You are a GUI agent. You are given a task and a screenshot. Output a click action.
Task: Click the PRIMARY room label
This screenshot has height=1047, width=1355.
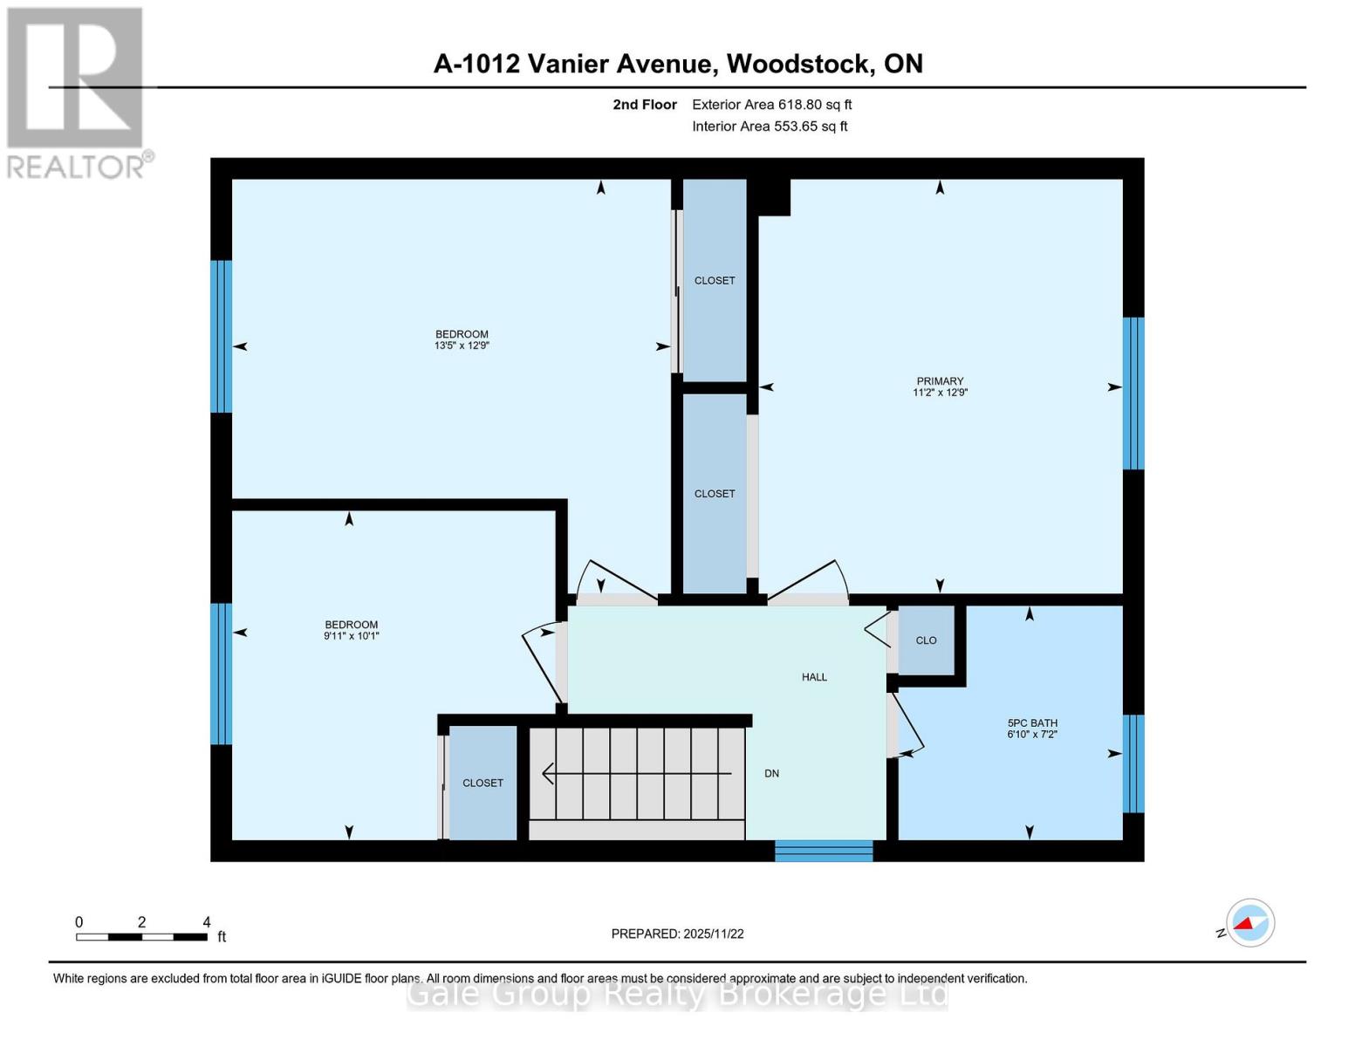coord(940,381)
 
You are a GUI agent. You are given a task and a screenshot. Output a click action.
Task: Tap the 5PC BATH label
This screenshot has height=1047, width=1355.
coord(1032,722)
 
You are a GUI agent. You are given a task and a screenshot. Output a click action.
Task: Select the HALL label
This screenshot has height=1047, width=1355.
coord(814,677)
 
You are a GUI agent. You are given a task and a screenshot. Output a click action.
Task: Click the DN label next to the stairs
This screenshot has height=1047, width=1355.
coord(771,773)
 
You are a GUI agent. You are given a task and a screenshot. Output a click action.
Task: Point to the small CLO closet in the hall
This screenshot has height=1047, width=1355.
coord(926,640)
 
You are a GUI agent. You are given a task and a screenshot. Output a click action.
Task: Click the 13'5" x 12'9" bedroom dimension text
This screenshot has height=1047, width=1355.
coord(462,346)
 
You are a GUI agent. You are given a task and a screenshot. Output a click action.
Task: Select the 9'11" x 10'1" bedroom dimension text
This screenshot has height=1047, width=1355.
coord(351,636)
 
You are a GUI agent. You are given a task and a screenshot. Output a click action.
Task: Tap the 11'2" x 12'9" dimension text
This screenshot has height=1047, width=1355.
coord(940,393)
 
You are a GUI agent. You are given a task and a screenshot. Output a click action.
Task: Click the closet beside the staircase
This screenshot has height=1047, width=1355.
coord(482,783)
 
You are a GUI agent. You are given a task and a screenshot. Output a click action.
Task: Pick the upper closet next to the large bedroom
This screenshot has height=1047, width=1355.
coord(715,280)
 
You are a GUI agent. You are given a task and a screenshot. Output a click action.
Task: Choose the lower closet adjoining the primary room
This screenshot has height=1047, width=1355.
coord(715,494)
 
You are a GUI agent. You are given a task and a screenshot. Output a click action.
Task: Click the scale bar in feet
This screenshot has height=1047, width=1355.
coord(141,937)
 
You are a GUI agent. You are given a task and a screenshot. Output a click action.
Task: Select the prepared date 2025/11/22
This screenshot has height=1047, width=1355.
coord(713,934)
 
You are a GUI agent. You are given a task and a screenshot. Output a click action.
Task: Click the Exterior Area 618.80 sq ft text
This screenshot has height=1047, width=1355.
coord(771,105)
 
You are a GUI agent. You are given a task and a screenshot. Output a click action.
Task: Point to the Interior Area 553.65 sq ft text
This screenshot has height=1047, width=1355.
coord(770,127)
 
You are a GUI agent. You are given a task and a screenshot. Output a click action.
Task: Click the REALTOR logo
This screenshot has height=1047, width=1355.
coord(77,92)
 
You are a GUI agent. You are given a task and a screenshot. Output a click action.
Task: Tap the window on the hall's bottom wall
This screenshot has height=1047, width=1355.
coord(824,851)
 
